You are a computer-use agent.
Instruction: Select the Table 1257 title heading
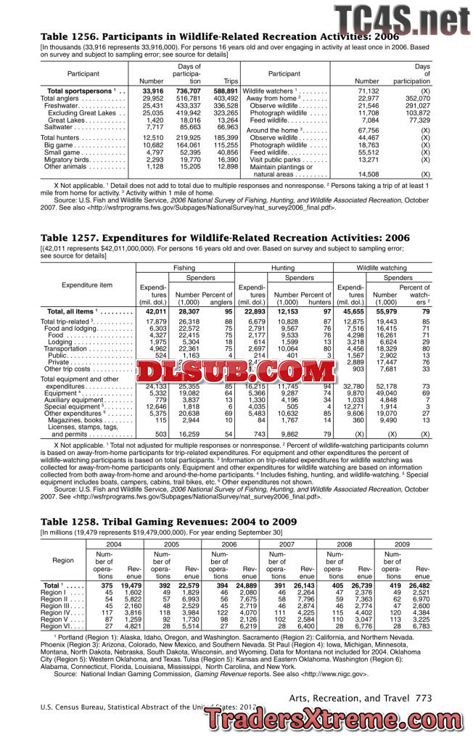tap(225, 237)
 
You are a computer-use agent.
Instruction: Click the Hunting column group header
tap(283, 268)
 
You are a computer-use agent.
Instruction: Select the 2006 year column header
tap(229, 543)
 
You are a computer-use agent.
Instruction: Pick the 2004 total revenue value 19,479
tap(131, 585)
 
